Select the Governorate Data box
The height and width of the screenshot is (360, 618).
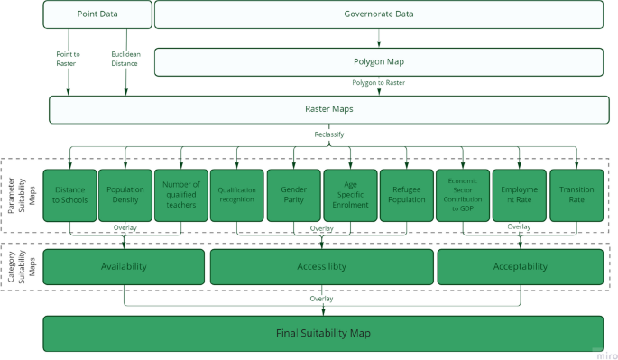point(378,14)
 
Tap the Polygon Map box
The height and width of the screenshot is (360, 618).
point(378,62)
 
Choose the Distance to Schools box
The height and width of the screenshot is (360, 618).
point(69,195)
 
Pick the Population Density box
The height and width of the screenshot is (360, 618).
point(125,195)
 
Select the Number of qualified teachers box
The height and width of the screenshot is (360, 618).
point(181,195)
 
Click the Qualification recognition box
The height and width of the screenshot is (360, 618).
point(237,195)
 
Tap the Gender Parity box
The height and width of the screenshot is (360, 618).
point(293,195)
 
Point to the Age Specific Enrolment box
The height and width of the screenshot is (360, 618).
point(349,195)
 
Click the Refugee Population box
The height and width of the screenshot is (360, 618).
point(406,195)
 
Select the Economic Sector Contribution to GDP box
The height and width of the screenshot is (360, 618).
point(462,195)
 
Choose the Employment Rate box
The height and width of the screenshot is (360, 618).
point(519,195)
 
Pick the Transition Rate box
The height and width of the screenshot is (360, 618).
point(576,195)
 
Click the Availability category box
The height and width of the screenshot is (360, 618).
point(124,267)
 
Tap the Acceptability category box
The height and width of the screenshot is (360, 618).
point(520,267)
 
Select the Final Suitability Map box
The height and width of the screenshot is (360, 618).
point(323,334)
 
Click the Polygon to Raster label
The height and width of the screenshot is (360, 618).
point(378,83)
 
